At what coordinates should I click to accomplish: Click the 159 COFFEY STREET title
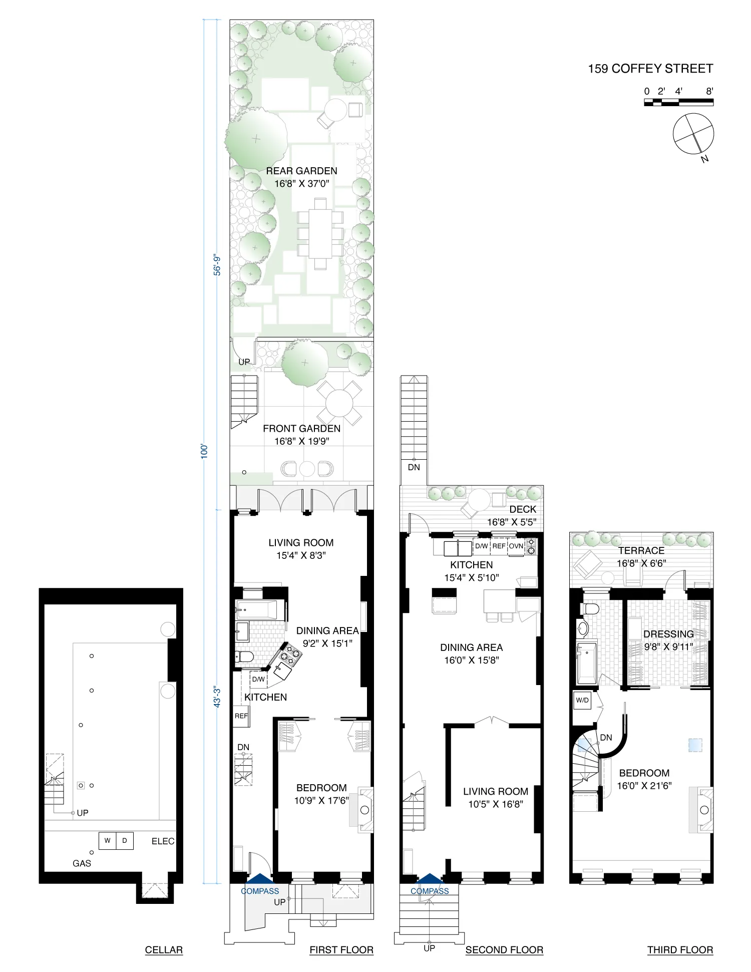click(x=650, y=69)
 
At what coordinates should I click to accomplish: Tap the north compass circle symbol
click(x=693, y=134)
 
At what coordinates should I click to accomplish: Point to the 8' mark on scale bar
click(x=709, y=92)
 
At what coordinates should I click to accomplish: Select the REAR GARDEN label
click(x=301, y=171)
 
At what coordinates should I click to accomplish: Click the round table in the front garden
click(x=339, y=403)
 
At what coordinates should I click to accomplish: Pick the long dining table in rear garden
click(x=320, y=233)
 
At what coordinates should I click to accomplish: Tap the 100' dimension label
click(x=204, y=451)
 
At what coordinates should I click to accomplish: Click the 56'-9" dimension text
click(x=217, y=265)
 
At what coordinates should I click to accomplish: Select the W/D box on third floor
click(x=582, y=700)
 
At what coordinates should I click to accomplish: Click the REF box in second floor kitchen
click(x=499, y=546)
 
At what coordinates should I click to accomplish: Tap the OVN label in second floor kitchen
click(x=516, y=546)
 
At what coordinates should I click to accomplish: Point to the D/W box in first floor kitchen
click(x=258, y=680)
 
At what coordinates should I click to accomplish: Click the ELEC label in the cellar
click(x=163, y=841)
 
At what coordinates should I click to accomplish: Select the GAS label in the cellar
click(x=82, y=863)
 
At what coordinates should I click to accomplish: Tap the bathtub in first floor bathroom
click(x=256, y=610)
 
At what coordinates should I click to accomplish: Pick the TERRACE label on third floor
click(x=641, y=550)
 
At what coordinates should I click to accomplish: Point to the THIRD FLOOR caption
click(x=680, y=950)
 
